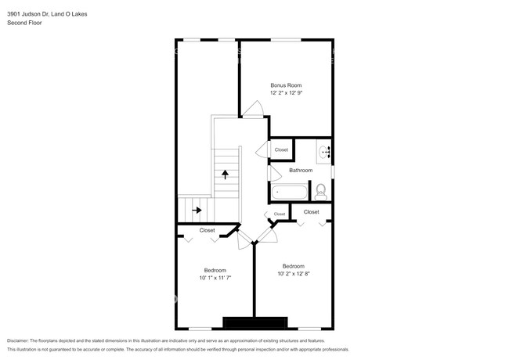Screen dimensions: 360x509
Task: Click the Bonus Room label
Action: click(286, 85)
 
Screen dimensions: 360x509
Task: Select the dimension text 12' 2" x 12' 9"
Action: click(286, 92)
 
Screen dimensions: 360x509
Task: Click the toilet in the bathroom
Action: click(320, 190)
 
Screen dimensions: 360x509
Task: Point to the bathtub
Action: click(290, 191)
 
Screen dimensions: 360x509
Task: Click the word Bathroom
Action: click(301, 170)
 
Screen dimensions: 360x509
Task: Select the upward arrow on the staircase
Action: click(226, 175)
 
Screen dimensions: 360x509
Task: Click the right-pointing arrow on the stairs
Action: click(197, 210)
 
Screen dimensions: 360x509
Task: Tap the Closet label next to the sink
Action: click(281, 149)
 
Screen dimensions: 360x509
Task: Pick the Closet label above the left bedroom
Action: click(207, 230)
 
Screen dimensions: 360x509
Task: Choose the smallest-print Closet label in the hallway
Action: click(280, 214)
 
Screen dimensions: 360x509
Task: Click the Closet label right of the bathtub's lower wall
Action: click(311, 211)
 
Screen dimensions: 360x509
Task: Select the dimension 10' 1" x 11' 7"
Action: click(215, 277)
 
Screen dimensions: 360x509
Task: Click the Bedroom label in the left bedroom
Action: click(215, 269)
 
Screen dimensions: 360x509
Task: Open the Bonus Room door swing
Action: click(251, 110)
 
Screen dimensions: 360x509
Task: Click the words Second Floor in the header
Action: click(24, 23)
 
